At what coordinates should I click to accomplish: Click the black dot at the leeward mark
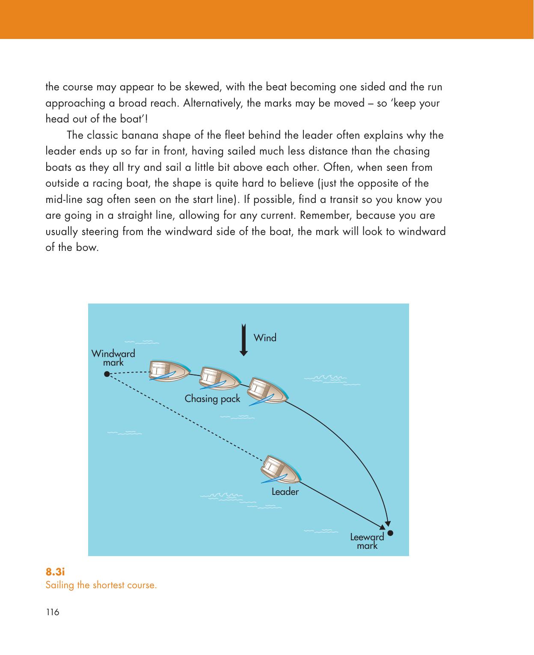390,534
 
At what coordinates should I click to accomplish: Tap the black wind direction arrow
243,340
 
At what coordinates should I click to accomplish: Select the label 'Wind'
265,338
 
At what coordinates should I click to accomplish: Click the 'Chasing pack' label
212,399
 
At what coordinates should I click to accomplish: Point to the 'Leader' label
285,492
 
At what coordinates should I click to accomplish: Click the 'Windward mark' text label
113,358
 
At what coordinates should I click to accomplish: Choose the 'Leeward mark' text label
367,541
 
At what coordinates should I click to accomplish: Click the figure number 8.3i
55,572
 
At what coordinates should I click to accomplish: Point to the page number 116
52,612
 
